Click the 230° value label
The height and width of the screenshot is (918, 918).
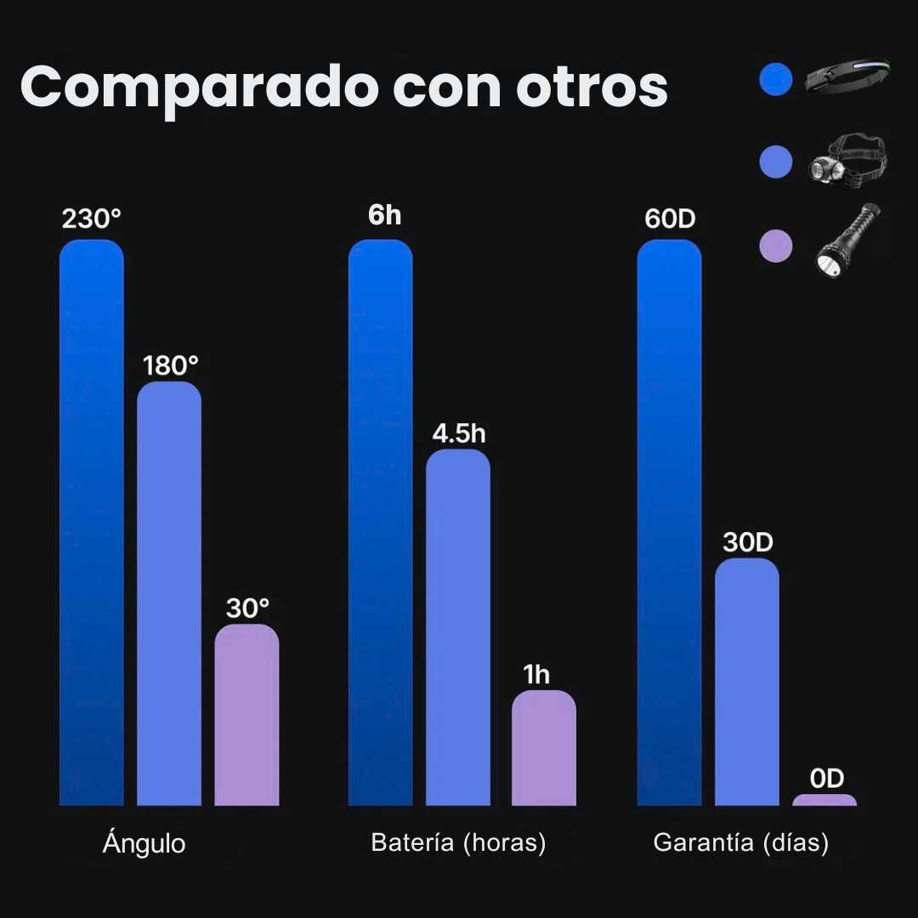click(x=92, y=218)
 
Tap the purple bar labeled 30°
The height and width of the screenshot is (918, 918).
click(x=246, y=715)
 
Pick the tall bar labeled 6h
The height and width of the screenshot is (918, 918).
click(x=380, y=522)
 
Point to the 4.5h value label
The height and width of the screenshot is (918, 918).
click(x=459, y=433)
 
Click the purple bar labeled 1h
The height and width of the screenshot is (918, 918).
click(x=544, y=748)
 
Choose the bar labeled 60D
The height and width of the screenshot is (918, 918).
click(x=669, y=522)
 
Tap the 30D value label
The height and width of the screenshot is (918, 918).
click(x=748, y=542)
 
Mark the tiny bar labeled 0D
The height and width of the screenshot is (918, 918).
click(x=824, y=800)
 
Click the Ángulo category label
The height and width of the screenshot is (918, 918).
click(x=144, y=844)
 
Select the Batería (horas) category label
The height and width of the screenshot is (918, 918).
click(x=458, y=843)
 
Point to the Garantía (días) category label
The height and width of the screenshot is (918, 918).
click(x=740, y=843)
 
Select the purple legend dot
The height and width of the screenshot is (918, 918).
click(x=775, y=246)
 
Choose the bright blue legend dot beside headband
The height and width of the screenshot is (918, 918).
click(x=775, y=79)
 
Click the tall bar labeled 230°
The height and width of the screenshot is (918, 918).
click(x=92, y=522)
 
